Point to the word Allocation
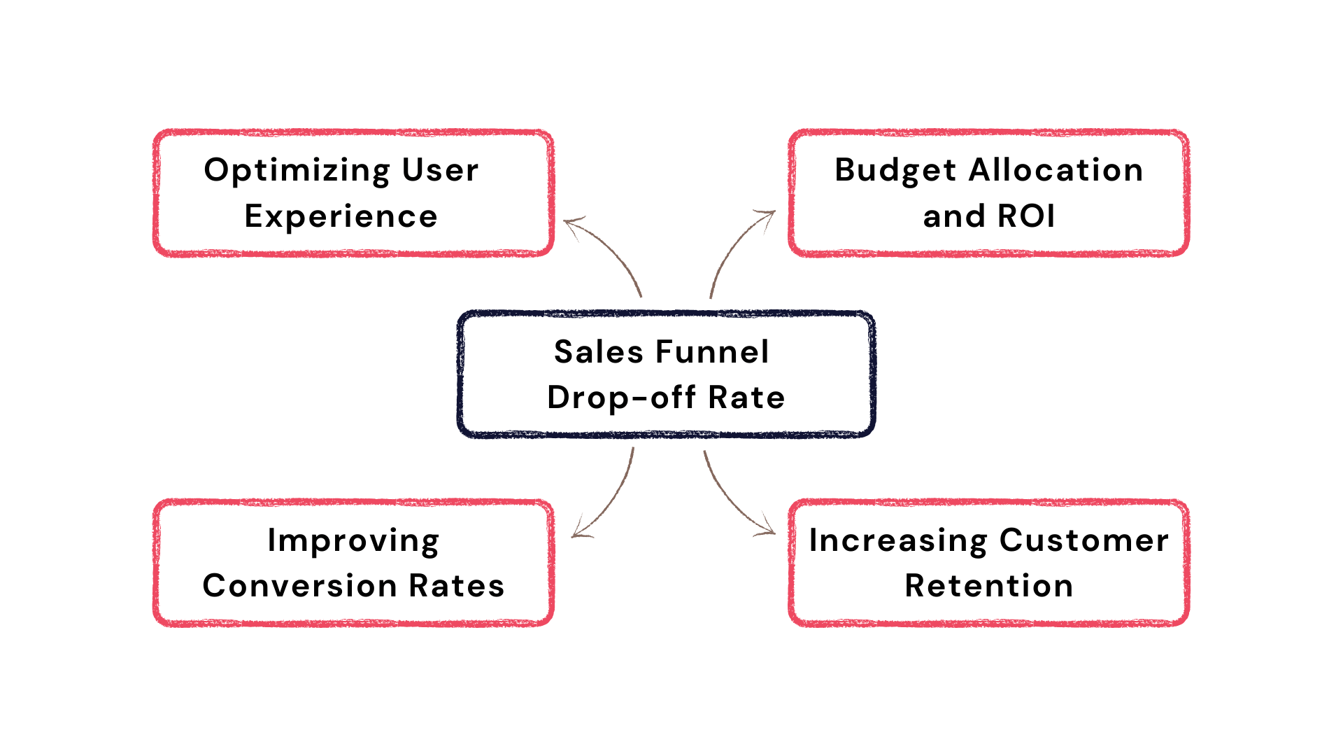pos(1056,170)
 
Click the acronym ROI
pos(1026,216)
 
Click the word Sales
pos(599,351)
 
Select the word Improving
pos(353,542)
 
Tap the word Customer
pos(1084,540)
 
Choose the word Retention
pos(989,586)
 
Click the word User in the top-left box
pos(440,170)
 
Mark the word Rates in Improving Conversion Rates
pos(456,586)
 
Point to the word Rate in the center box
pos(746,398)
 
